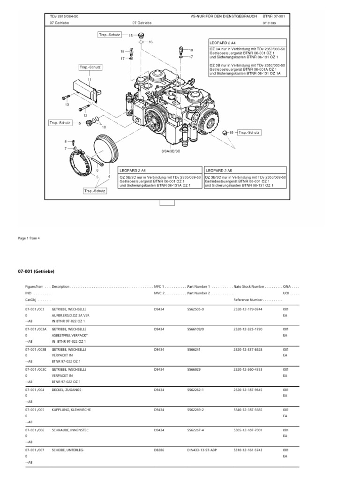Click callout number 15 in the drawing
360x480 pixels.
click(x=131, y=35)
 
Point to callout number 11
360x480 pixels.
click(x=89, y=80)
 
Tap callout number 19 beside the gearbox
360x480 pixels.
click(x=231, y=133)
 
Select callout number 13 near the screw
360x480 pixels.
click(x=67, y=105)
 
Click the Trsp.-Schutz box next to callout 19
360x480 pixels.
click(x=249, y=133)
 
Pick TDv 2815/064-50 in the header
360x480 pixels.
click(x=64, y=15)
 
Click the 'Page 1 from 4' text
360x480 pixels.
click(x=29, y=238)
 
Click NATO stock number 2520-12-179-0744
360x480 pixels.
click(x=248, y=309)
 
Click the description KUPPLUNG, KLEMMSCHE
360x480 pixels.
click(x=72, y=410)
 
